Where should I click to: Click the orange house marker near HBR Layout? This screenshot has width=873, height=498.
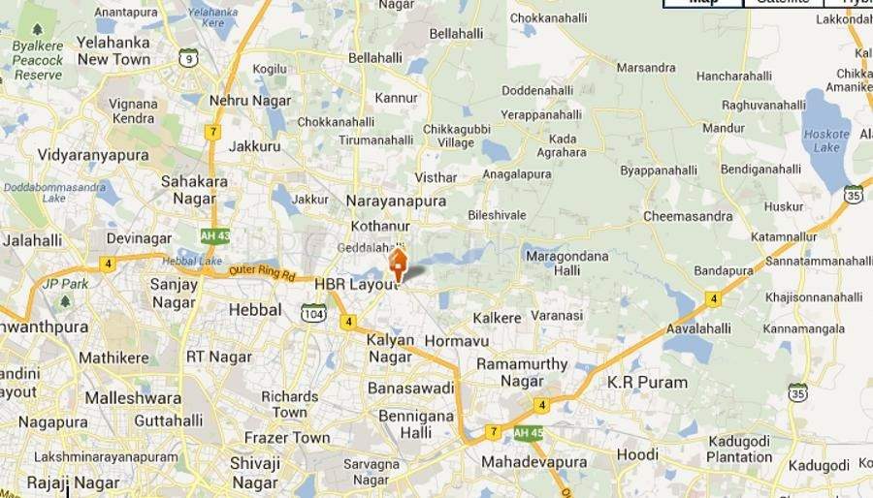click(x=398, y=263)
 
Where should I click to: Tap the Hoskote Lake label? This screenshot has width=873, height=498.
click(x=826, y=140)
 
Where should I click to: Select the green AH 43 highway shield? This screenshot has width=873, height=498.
click(x=214, y=235)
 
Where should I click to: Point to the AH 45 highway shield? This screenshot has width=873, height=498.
click(x=528, y=433)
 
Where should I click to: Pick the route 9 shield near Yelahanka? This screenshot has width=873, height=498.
click(x=188, y=58)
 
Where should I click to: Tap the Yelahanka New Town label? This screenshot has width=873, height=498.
click(x=113, y=50)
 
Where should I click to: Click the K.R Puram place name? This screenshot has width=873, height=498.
click(x=647, y=382)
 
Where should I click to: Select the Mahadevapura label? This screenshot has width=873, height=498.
click(x=534, y=462)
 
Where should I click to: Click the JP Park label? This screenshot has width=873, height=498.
click(x=66, y=284)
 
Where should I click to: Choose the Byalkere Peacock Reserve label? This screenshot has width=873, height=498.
click(x=38, y=60)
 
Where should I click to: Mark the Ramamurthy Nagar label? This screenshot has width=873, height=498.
click(x=522, y=372)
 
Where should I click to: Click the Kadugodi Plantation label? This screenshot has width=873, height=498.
click(x=739, y=450)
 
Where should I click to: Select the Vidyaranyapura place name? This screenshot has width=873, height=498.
click(x=93, y=155)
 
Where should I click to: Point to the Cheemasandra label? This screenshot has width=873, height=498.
click(x=688, y=216)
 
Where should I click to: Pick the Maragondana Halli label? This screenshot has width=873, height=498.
click(x=566, y=264)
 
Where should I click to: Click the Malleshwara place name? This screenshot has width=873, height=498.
click(x=133, y=398)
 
